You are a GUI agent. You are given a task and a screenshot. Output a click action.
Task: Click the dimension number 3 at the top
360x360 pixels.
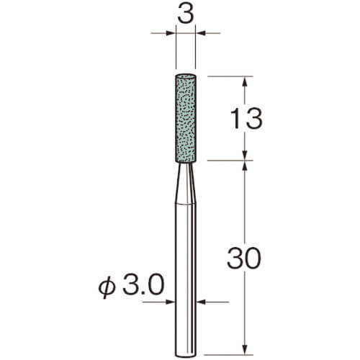pyautogui.click(x=186, y=14)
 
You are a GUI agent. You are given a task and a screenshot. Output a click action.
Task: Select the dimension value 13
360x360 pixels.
pyautogui.click(x=246, y=118)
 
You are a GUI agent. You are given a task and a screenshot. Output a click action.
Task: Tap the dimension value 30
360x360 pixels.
pyautogui.click(x=244, y=258)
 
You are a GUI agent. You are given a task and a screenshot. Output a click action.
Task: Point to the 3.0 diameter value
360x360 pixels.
pyautogui.click(x=143, y=284)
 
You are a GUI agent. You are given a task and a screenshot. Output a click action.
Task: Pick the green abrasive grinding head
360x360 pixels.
pyautogui.click(x=186, y=119)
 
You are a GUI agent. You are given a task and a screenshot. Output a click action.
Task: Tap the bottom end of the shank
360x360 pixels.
pyautogui.click(x=186, y=355)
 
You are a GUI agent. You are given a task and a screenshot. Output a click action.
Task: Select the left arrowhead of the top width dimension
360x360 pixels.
pyautogui.click(x=171, y=33)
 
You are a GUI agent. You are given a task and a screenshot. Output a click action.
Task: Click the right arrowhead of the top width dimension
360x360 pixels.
pyautogui.click(x=201, y=33)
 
